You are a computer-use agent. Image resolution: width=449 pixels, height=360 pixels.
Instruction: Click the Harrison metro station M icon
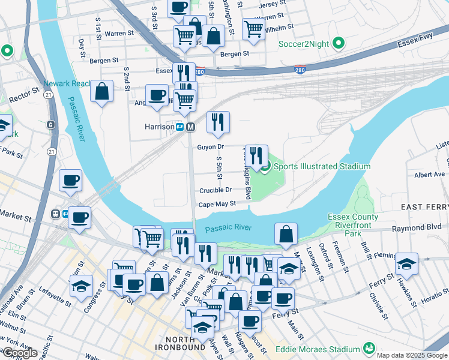tap(190, 127)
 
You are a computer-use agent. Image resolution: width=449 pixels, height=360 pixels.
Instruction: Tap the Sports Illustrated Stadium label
tap(322, 166)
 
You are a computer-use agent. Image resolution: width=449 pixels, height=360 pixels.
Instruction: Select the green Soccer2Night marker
tap(339, 43)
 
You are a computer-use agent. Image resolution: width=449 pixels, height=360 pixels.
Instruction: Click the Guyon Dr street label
tap(210, 146)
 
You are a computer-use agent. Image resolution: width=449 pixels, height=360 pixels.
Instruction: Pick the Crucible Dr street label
tap(215, 190)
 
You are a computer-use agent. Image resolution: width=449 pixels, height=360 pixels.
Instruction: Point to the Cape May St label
tap(217, 204)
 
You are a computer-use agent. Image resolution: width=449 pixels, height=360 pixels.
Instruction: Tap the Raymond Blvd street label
tap(417, 229)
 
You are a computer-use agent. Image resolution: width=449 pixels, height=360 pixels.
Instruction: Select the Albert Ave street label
tap(429, 175)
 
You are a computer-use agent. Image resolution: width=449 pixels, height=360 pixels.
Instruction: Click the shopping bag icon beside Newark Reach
tap(102, 92)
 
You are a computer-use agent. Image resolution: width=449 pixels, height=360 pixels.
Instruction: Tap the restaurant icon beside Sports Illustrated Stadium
tap(257, 156)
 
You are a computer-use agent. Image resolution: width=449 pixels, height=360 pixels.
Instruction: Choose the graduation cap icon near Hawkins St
tap(406, 264)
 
